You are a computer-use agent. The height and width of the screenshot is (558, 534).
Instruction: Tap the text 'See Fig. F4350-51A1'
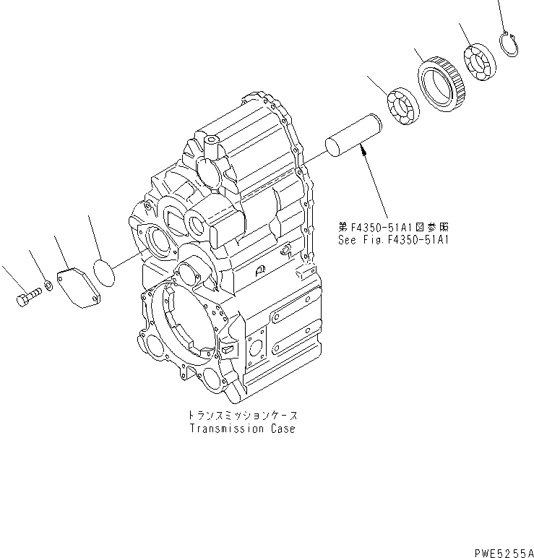[x=393, y=239]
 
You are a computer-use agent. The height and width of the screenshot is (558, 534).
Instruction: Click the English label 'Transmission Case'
[x=242, y=429]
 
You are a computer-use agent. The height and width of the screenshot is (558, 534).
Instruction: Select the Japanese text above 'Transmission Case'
[x=242, y=417]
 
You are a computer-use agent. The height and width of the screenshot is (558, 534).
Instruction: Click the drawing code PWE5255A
[x=498, y=551]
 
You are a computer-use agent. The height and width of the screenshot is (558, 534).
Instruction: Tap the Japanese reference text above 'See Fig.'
[x=393, y=226]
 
